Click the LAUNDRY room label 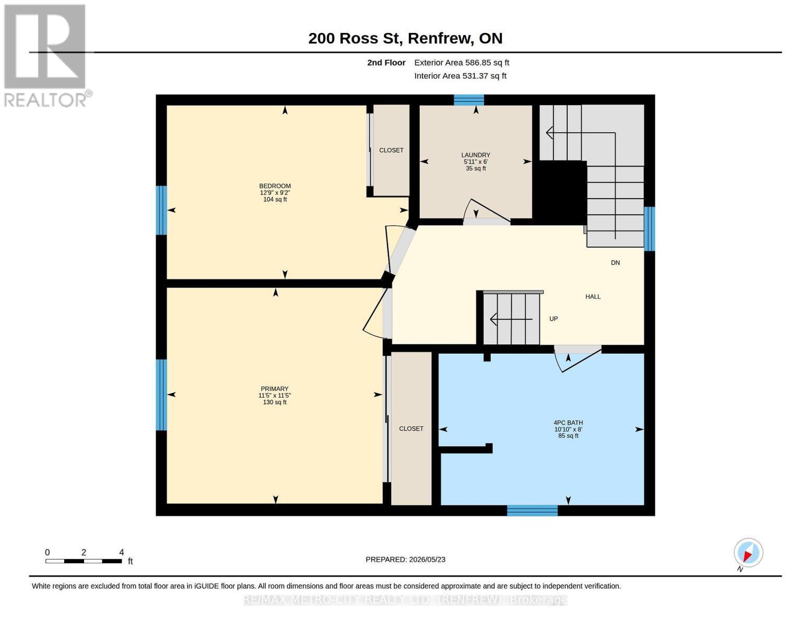click(x=476, y=155)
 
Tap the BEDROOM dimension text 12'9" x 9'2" click(x=275, y=193)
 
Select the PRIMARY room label click(x=275, y=389)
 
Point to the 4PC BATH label click(x=568, y=423)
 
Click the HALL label click(x=593, y=296)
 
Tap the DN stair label click(x=616, y=262)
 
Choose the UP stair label click(x=554, y=319)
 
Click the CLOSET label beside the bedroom click(x=391, y=150)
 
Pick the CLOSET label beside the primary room click(x=411, y=428)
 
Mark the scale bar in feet click(x=84, y=561)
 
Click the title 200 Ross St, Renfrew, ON click(x=405, y=38)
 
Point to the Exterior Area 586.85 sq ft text click(x=462, y=63)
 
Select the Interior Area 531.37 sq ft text click(x=460, y=76)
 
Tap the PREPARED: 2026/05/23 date click(x=405, y=560)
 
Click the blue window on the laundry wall click(x=469, y=100)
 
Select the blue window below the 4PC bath click(x=532, y=510)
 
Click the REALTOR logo click(x=46, y=56)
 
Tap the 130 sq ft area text click(x=275, y=402)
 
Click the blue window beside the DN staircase click(x=650, y=228)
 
